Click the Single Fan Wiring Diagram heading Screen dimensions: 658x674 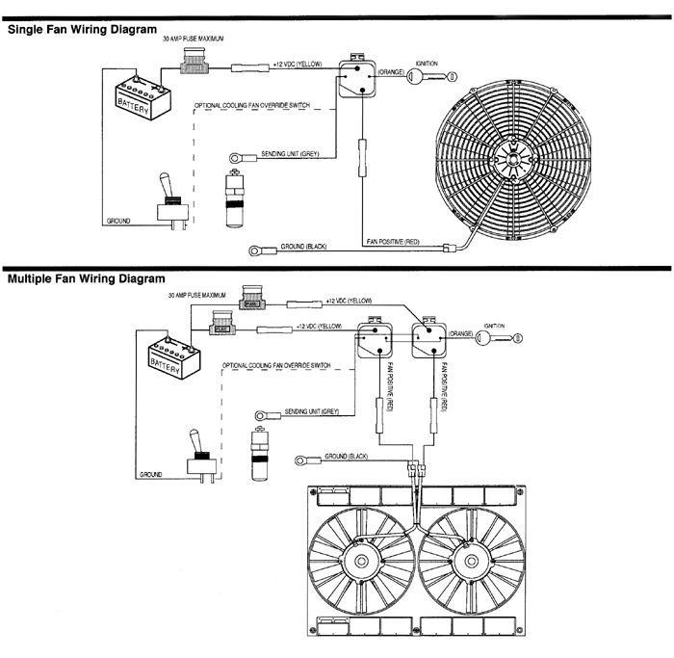[82, 30]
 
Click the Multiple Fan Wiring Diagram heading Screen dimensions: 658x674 [87, 279]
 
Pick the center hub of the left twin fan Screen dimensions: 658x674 [364, 561]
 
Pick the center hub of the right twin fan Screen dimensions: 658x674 [470, 561]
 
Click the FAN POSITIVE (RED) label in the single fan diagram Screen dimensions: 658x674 [393, 238]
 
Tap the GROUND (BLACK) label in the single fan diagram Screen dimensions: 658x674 [304, 248]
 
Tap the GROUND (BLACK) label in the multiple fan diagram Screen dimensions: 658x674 [347, 454]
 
